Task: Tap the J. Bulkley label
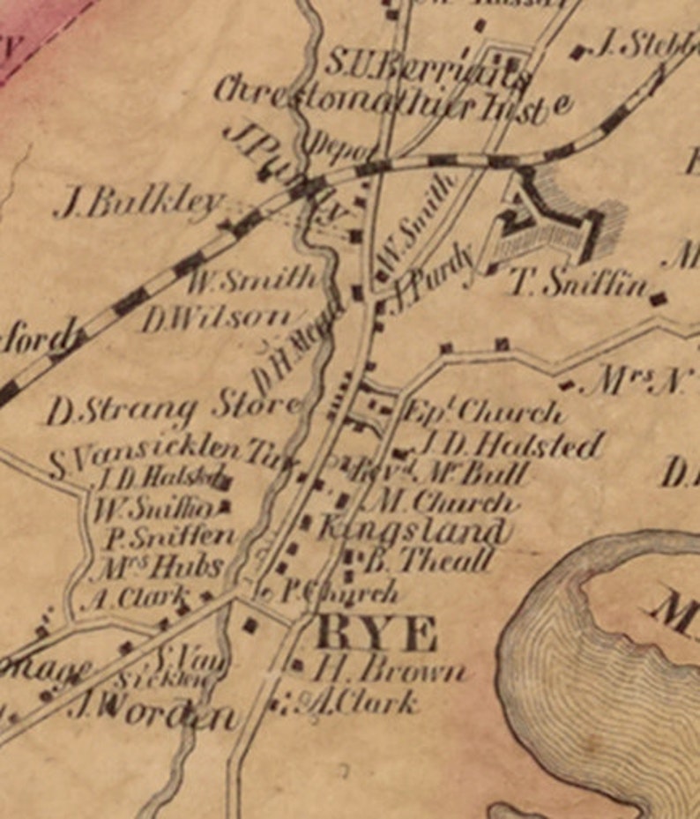coord(137,205)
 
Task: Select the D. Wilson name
coord(216,319)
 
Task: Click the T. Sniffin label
coord(582,284)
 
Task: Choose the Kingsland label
coord(413,531)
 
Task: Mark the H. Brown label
coord(388,672)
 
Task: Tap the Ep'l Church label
coord(481,412)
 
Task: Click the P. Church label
coord(339,593)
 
